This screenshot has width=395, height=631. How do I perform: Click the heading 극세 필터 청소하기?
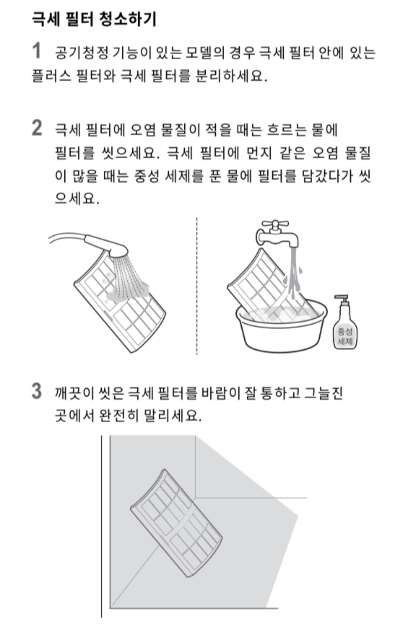pos(94,20)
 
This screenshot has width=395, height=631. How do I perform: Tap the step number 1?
pos(36,51)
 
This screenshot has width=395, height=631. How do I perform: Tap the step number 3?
pos(37,391)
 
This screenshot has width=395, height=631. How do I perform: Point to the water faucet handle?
pos(275,224)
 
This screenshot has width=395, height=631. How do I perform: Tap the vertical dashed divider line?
pos(197,287)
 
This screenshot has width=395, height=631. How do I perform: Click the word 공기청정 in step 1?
pos(81,53)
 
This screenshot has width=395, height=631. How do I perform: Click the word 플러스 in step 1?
pos(51,76)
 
